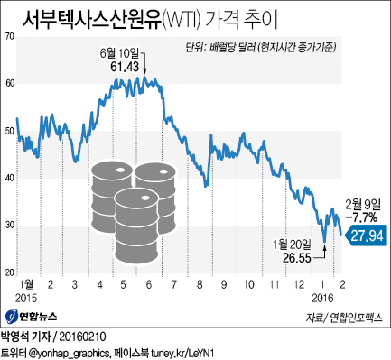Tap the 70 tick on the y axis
pyautogui.click(x=9, y=36)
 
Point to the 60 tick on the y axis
pyautogui.click(x=9, y=83)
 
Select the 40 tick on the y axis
pyautogui.click(x=9, y=178)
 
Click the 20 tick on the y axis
pyautogui.click(x=9, y=272)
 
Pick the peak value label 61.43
pyautogui.click(x=129, y=67)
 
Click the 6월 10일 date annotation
pyautogui.click(x=126, y=53)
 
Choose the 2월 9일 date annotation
pyautogui.click(x=361, y=205)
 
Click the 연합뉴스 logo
pyautogui.click(x=32, y=318)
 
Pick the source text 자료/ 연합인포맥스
pyautogui.click(x=345, y=318)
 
